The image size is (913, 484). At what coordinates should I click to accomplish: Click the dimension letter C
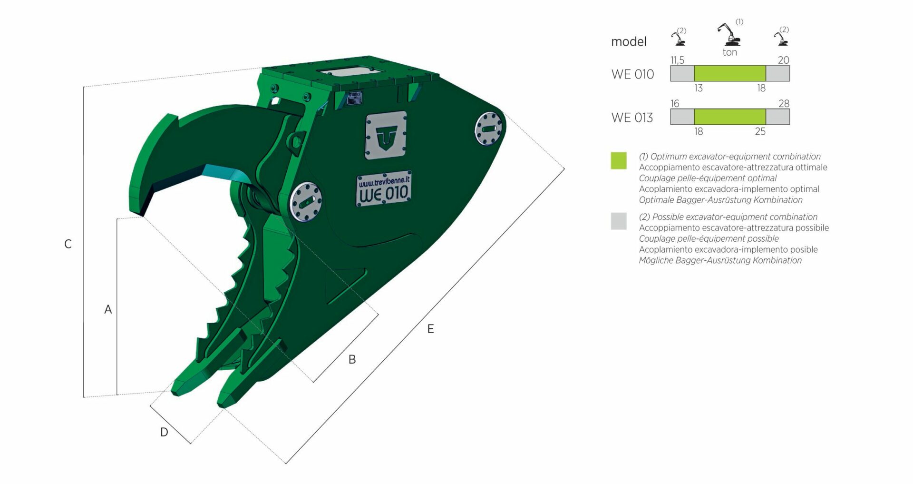(x=68, y=244)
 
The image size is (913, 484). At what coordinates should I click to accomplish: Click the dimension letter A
(x=108, y=309)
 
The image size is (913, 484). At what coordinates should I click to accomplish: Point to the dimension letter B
(x=352, y=359)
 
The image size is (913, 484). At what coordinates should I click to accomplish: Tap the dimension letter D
(x=164, y=432)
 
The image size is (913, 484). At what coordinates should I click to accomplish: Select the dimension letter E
(x=430, y=329)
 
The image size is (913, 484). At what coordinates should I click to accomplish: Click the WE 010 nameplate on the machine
(x=384, y=189)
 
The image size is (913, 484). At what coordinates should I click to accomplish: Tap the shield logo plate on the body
(x=386, y=135)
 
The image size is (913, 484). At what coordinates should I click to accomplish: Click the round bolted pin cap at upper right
(x=488, y=128)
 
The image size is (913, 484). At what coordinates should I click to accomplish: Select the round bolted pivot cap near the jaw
(x=306, y=202)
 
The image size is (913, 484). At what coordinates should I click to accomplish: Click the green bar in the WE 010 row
(x=730, y=73)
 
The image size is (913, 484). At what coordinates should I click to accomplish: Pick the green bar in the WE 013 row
(x=730, y=117)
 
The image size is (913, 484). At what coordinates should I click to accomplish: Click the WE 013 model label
(x=632, y=118)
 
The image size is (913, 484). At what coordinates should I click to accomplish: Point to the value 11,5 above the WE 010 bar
(x=677, y=60)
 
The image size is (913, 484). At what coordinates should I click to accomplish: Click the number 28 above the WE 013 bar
(x=784, y=103)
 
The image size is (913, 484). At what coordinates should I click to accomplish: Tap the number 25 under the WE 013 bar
(x=760, y=131)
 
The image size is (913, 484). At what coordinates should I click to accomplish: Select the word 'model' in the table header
(x=629, y=42)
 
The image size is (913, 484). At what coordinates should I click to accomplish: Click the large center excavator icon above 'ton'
(x=728, y=34)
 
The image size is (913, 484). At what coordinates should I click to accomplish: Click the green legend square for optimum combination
(x=619, y=161)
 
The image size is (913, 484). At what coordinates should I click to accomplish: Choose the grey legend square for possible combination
(x=619, y=221)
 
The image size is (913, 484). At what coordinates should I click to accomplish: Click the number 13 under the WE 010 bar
(x=698, y=88)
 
